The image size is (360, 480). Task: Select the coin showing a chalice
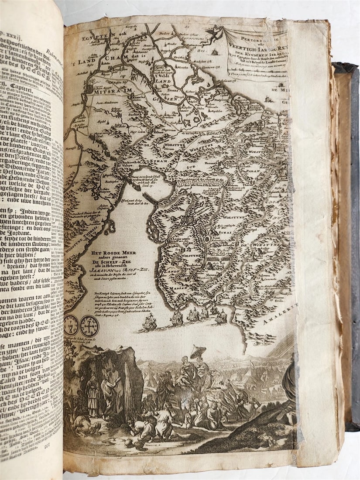71,325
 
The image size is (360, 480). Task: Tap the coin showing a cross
89,326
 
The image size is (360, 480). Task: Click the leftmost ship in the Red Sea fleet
149,322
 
